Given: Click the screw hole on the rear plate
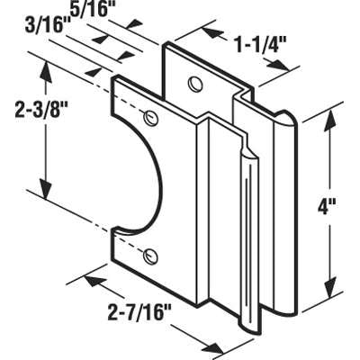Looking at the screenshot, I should (x=194, y=84).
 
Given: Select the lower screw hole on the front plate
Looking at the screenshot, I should (x=150, y=256).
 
